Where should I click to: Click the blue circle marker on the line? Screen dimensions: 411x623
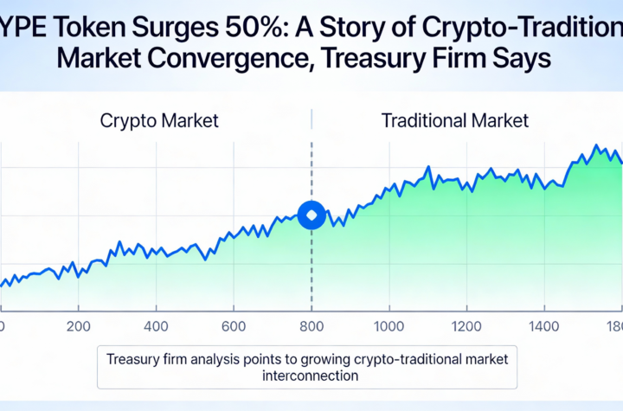[311, 215]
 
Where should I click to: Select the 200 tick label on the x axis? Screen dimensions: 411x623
[78, 327]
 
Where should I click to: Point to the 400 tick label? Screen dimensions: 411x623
[156, 327]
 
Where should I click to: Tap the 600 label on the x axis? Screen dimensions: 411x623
[234, 327]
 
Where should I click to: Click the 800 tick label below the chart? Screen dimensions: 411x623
[311, 327]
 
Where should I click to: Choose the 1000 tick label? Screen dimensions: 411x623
[389, 327]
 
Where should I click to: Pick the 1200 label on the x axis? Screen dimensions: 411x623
[466, 327]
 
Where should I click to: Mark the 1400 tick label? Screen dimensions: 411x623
[544, 327]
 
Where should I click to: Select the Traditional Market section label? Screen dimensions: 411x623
[454, 119]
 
